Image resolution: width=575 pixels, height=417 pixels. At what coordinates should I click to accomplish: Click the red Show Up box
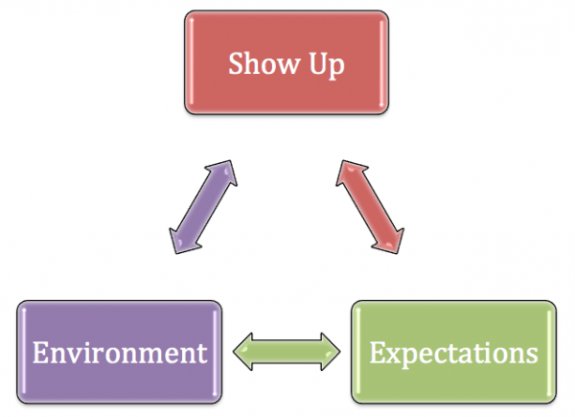click(x=287, y=62)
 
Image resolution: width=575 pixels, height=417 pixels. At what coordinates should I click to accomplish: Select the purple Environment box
click(x=120, y=352)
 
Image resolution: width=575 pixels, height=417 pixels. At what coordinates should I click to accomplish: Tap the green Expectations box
click(x=453, y=352)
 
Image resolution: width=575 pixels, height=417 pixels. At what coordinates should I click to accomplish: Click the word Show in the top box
click(x=264, y=63)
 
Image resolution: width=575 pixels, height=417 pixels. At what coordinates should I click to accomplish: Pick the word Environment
click(x=120, y=353)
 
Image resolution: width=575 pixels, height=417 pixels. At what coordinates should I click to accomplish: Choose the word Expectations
click(x=453, y=355)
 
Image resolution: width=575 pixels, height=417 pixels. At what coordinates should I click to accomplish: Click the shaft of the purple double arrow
click(x=203, y=207)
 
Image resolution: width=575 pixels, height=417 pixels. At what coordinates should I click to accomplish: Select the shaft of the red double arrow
click(x=370, y=207)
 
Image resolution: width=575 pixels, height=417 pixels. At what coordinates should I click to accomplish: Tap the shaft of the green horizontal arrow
click(x=287, y=352)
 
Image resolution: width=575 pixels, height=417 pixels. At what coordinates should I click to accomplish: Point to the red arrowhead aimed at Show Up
click(x=350, y=174)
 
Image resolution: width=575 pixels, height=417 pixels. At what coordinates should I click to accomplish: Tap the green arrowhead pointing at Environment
click(x=243, y=352)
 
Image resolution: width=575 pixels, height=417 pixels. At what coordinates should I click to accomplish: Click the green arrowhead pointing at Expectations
click(x=330, y=352)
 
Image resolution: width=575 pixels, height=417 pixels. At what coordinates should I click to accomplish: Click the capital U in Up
click(x=318, y=63)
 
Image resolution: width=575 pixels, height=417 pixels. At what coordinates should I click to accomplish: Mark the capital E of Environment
click(x=40, y=353)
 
